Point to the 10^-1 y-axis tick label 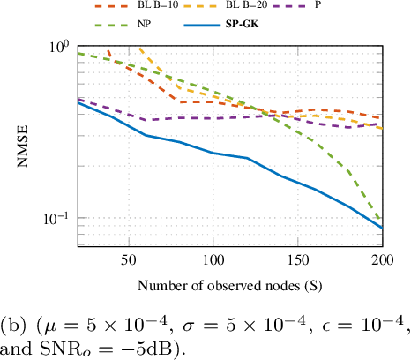click(x=55, y=219)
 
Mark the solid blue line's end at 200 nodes click(x=382, y=228)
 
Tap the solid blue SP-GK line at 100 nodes click(x=213, y=153)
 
